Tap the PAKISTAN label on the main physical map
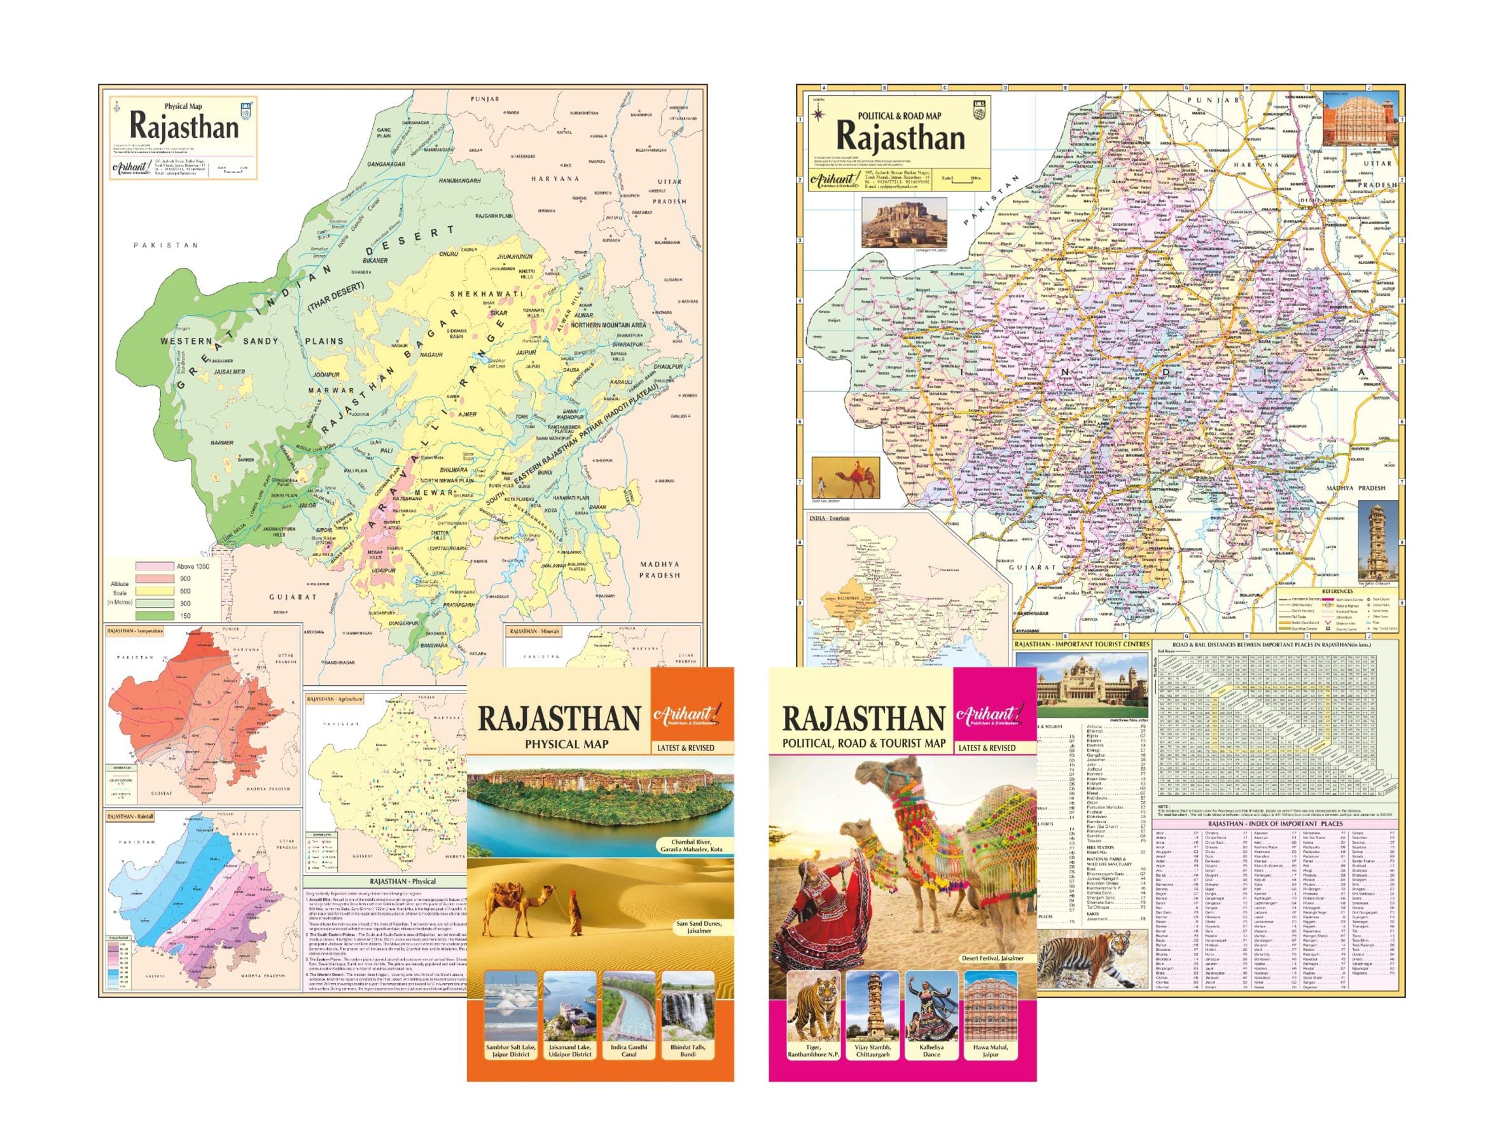165,246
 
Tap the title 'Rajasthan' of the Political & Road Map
900,137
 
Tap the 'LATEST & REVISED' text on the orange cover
692,748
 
